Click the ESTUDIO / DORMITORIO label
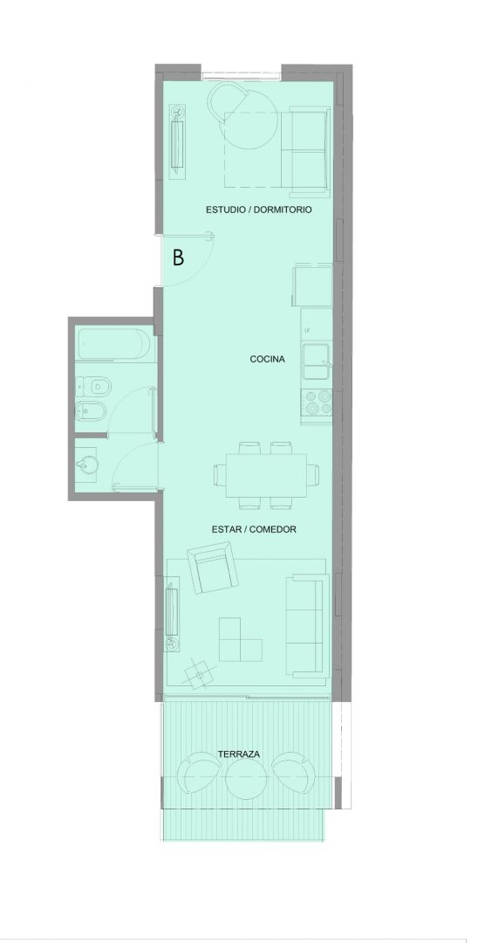[x=259, y=210]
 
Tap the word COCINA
[x=267, y=359]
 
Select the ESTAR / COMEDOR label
[x=254, y=530]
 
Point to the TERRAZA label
[x=238, y=754]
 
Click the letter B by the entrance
[x=178, y=258]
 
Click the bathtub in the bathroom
[x=113, y=344]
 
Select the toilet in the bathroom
[x=92, y=385]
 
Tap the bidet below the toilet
[x=92, y=410]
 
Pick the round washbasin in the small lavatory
[x=88, y=465]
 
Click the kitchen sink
[x=317, y=361]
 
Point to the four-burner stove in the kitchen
[x=317, y=403]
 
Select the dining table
[x=265, y=475]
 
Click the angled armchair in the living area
[x=213, y=568]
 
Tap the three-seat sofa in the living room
[x=307, y=625]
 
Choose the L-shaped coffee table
[x=240, y=639]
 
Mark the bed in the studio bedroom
[x=277, y=150]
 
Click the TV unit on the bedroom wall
[x=178, y=141]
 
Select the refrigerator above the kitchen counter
[x=312, y=285]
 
